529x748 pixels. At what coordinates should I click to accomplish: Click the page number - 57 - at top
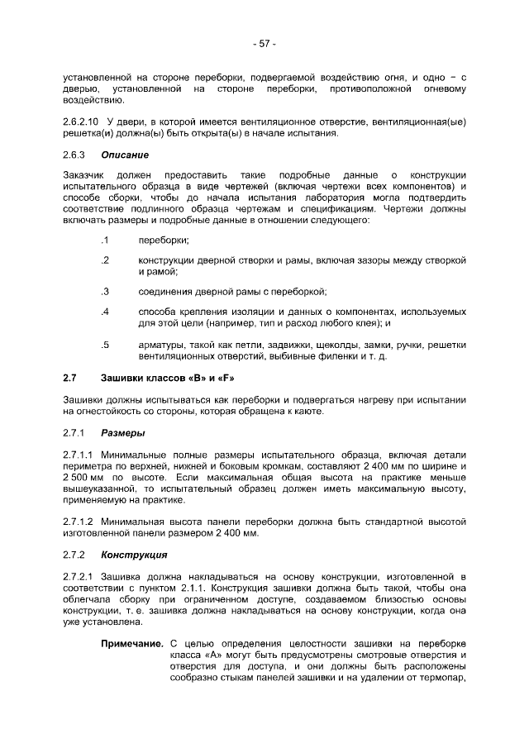coord(264,43)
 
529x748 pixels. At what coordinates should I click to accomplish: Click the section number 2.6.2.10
coord(80,121)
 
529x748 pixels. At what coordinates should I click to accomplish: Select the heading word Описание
coord(125,155)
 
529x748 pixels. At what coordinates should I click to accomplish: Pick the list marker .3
coord(105,291)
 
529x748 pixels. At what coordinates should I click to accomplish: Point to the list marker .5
coord(105,345)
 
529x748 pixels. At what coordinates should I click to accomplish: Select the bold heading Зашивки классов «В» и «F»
coord(168,379)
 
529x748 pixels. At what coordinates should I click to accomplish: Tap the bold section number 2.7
coord(70,379)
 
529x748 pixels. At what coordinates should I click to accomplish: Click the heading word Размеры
coord(123,432)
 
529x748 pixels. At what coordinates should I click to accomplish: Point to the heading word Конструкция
coord(133,554)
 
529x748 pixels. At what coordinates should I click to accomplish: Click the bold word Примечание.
coord(131,642)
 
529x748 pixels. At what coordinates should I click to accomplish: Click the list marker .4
coord(105,312)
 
